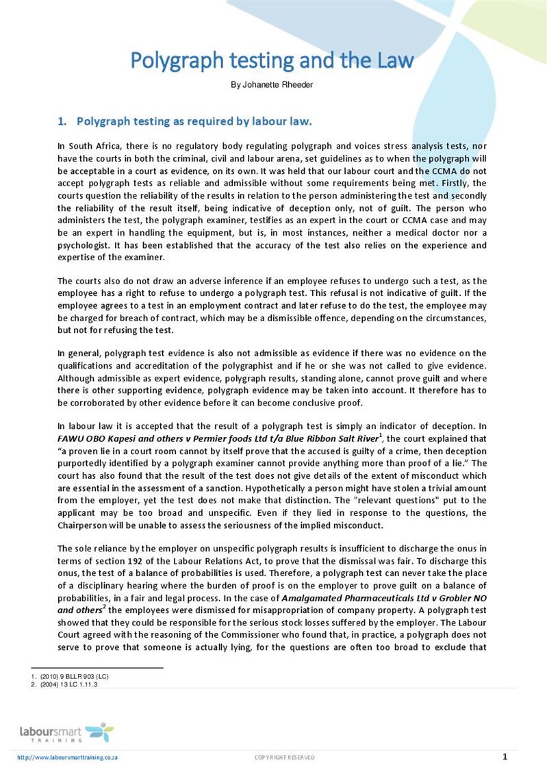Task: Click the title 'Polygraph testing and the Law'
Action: coord(272,60)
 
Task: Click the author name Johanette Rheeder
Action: coord(272,86)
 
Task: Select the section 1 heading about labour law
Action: coord(185,122)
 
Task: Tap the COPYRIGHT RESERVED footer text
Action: coord(285,758)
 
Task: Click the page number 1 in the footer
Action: coord(505,757)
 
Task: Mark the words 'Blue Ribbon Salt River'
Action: coord(329,439)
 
